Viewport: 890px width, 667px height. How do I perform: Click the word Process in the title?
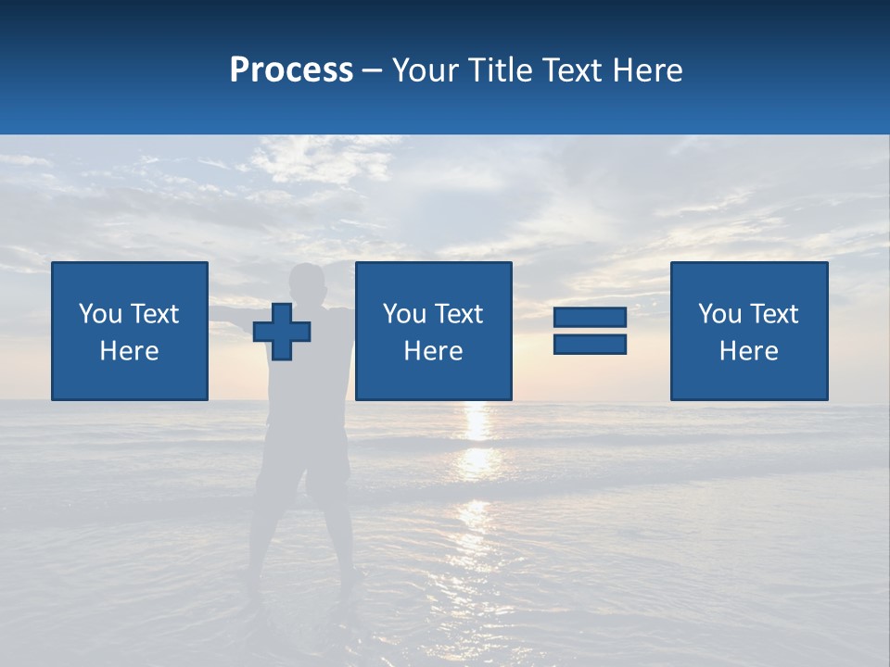pos(291,70)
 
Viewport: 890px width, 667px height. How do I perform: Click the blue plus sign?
pos(282,332)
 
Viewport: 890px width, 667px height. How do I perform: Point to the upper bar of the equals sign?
pos(590,317)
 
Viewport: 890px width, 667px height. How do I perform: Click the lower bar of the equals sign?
pos(590,344)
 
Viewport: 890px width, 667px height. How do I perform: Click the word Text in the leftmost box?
pos(154,314)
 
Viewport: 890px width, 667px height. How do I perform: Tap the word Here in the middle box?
pos(433,351)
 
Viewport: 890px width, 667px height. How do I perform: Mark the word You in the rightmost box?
pos(719,314)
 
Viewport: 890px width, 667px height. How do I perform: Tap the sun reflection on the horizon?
pos(477,422)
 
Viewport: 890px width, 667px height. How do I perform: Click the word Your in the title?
pos(426,70)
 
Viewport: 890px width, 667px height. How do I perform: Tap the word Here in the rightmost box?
pos(749,351)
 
